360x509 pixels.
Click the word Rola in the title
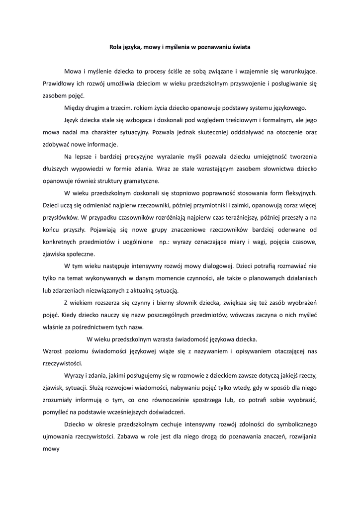tap(115, 47)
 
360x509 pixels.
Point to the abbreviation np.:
tap(166, 242)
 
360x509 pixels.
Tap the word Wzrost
tap(53, 351)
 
